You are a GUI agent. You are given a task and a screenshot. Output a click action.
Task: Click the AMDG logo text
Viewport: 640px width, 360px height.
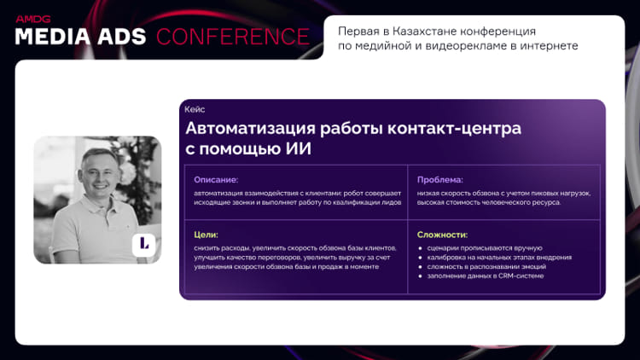coord(33,19)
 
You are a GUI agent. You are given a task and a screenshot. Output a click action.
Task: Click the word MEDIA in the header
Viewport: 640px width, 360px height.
coord(53,37)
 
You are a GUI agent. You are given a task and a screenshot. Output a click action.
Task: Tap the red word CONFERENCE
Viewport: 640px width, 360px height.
coord(233,37)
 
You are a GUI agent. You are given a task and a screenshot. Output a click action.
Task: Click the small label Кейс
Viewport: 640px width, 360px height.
coord(195,109)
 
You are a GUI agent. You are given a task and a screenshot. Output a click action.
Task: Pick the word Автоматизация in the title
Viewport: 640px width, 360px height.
coord(251,129)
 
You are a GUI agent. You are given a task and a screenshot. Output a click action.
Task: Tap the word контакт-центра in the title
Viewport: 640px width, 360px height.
coord(454,129)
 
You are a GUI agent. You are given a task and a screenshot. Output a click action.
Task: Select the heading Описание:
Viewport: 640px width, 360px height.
coord(216,180)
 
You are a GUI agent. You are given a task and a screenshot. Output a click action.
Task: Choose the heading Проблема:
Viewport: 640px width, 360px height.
coord(440,180)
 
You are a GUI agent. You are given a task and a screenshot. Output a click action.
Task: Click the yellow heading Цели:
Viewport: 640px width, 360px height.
coord(207,235)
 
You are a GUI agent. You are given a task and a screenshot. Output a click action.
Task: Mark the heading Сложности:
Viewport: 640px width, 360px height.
coord(442,235)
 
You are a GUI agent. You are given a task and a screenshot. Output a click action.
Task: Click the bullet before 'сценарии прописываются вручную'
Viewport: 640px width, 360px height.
coord(420,248)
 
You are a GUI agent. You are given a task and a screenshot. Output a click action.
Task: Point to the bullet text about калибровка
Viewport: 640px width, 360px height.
coord(499,258)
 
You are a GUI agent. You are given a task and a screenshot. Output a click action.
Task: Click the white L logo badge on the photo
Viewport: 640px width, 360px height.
coord(143,244)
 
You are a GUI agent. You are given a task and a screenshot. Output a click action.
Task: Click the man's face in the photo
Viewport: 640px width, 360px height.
coord(99,173)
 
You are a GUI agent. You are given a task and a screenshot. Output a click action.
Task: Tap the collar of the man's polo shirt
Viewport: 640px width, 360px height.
coord(101,202)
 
